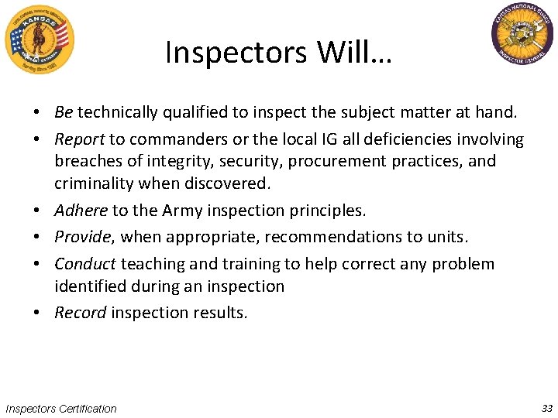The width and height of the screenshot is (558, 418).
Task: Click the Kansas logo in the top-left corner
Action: point(39,39)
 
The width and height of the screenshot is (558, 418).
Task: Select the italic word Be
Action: point(64,112)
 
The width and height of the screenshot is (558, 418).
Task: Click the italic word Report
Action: point(79,139)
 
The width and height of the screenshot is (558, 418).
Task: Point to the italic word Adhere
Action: point(81,210)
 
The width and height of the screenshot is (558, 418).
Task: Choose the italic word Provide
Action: point(82,237)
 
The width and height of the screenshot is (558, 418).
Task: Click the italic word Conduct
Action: point(85,264)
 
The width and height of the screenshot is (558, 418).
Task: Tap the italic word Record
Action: point(81,313)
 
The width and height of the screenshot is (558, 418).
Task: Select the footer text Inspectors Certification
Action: point(61,408)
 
